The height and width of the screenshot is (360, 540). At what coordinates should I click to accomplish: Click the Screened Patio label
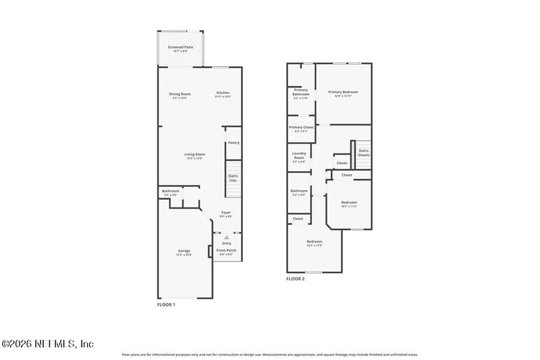coord(180,48)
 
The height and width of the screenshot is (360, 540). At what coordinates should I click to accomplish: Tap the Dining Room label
coord(180,94)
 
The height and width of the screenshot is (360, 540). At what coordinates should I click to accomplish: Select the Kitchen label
coord(223,94)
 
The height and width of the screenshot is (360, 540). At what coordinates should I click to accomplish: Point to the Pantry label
coord(234,143)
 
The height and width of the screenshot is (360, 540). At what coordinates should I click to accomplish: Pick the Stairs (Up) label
coord(233,178)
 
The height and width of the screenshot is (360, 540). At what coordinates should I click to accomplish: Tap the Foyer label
coord(226,213)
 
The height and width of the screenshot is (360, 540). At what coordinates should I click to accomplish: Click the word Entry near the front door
coord(226,242)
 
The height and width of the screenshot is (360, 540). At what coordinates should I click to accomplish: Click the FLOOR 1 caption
coord(165,305)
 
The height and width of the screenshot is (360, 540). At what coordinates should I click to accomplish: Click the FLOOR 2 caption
coord(296,278)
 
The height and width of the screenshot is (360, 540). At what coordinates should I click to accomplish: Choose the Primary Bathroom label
coord(300,93)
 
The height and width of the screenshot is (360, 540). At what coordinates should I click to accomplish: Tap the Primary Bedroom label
coord(343,93)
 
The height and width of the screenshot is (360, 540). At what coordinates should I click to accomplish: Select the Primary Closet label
coord(301,128)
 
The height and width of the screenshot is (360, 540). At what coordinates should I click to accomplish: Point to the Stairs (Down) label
coord(363,153)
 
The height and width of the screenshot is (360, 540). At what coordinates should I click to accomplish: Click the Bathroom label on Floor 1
coord(170,192)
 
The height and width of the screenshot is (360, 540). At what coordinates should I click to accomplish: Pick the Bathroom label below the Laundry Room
coord(299,192)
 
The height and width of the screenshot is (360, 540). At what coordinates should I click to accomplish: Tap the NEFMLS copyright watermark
coord(47,344)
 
